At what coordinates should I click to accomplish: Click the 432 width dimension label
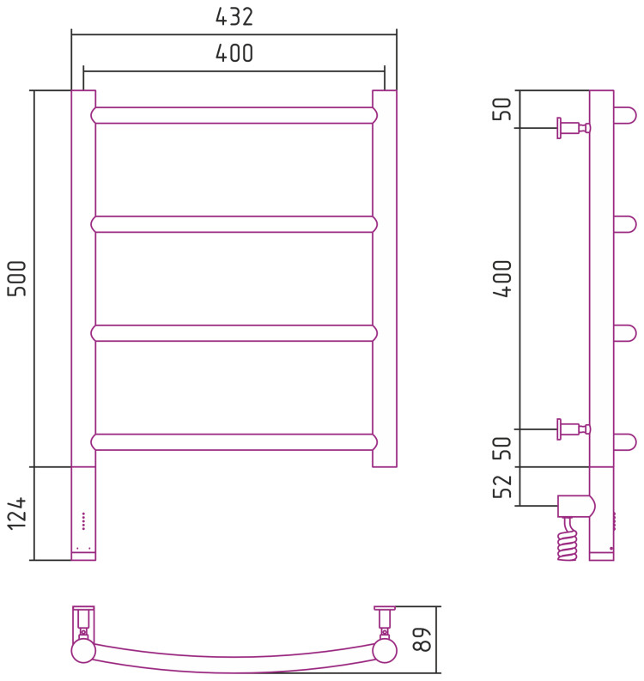click(x=234, y=17)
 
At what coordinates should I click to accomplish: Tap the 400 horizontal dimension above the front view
click(x=234, y=53)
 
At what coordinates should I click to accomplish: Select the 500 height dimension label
click(x=17, y=278)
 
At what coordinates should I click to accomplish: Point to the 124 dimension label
click(x=17, y=514)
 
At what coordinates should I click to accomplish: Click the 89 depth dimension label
click(x=422, y=639)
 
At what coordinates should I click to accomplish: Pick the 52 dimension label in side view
click(x=502, y=486)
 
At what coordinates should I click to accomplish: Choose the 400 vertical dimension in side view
click(x=502, y=278)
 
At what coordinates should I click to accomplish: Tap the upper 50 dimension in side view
click(x=502, y=109)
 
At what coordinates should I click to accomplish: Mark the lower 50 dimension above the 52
click(x=502, y=448)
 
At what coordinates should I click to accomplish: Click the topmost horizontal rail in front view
click(x=234, y=116)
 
